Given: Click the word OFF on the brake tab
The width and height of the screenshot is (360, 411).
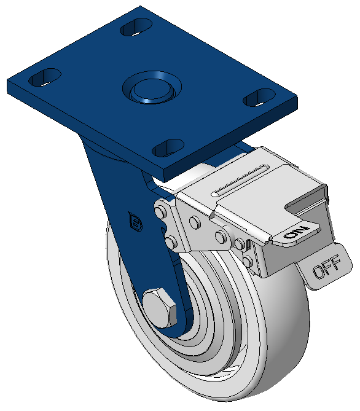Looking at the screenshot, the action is click(327, 267).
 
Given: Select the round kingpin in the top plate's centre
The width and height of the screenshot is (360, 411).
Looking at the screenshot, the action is click(152, 88).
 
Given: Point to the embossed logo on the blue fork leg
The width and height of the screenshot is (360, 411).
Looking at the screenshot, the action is click(135, 222).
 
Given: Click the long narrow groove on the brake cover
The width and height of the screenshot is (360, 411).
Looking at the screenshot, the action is click(240, 181).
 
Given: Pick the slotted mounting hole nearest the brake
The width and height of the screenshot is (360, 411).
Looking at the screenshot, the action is click(168, 147).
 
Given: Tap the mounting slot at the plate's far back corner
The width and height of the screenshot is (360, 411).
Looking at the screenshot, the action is click(136, 27).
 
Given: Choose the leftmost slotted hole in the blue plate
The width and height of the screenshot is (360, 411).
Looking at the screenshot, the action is click(45, 77).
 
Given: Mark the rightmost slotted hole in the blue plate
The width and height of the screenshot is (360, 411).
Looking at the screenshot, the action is click(259, 98).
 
